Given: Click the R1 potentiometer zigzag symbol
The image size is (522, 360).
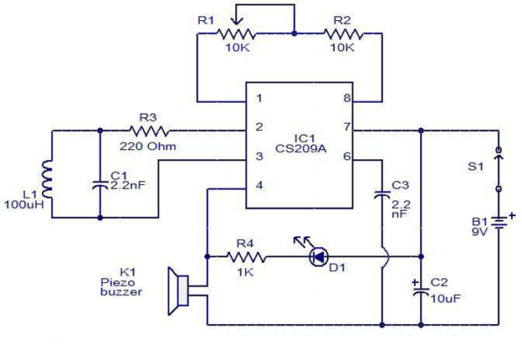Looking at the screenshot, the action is click(x=237, y=33).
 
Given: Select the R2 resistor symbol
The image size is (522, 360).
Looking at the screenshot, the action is click(x=343, y=33).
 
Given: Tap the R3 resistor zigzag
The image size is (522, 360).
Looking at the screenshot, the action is click(x=149, y=131).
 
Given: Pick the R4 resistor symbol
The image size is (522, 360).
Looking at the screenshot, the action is click(x=247, y=257).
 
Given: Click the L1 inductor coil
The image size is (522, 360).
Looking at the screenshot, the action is click(x=48, y=180).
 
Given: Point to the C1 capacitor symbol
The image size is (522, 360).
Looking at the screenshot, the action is click(x=100, y=185).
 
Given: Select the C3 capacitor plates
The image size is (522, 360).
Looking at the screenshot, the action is click(x=382, y=195).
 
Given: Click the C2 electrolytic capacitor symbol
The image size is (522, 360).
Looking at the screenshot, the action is click(x=421, y=291).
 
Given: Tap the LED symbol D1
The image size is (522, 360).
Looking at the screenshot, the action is click(x=319, y=257).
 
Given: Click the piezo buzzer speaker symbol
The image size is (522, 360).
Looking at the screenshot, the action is click(x=179, y=291).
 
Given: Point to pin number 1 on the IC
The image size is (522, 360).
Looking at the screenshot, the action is click(x=259, y=98).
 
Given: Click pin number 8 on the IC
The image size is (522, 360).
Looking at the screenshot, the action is click(x=347, y=98).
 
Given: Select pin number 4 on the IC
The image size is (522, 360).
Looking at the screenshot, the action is click(x=259, y=185).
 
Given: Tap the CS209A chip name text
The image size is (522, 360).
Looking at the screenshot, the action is click(x=301, y=148).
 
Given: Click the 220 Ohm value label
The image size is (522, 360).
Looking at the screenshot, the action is click(x=148, y=147).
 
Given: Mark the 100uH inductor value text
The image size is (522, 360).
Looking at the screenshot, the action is click(x=24, y=204).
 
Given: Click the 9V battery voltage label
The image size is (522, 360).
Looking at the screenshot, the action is click(x=479, y=231).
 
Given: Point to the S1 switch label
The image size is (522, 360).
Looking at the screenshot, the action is click(x=475, y=166).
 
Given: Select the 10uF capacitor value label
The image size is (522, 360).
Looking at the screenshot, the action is click(x=446, y=298).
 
